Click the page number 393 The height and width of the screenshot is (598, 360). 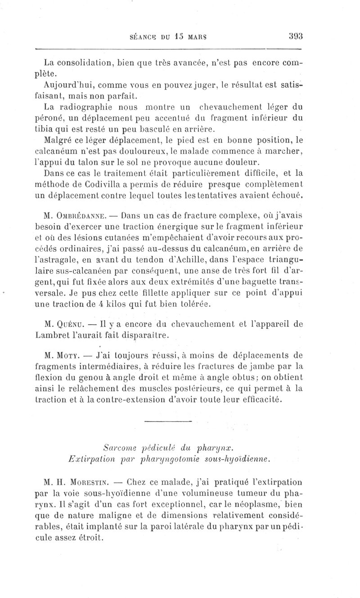(x=293, y=36)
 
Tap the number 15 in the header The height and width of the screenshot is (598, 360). (x=175, y=36)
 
